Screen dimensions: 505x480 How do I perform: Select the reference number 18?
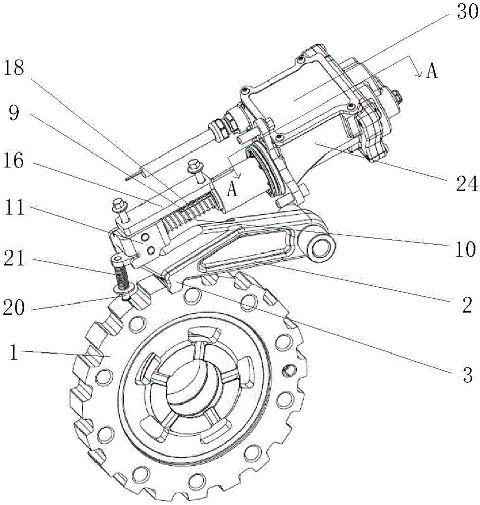click(x=14, y=69)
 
